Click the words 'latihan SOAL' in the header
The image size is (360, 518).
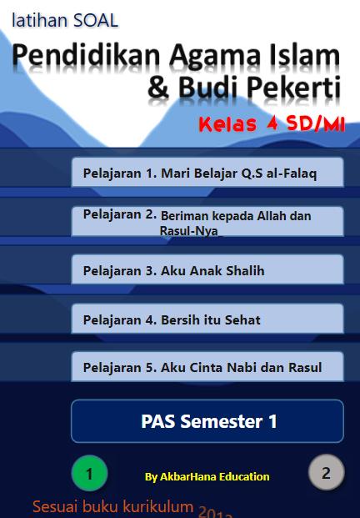point(65,20)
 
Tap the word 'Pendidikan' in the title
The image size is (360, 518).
point(86,56)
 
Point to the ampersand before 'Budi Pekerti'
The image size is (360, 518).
point(158,88)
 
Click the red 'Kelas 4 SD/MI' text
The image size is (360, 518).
point(272,124)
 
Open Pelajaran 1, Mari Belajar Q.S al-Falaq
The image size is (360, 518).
point(207,173)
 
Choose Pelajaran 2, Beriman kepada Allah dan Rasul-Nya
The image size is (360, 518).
point(207,221)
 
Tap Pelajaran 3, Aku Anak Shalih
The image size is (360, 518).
point(207,269)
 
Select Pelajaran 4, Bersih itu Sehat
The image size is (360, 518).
point(207,319)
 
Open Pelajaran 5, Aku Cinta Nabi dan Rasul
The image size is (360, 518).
point(207,367)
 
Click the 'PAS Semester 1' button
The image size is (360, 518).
point(207,421)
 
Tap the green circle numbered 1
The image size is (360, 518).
point(89,473)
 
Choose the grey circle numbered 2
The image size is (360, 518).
point(327,472)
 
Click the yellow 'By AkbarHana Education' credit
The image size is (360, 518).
point(207,476)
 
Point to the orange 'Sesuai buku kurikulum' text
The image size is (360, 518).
point(113,507)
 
